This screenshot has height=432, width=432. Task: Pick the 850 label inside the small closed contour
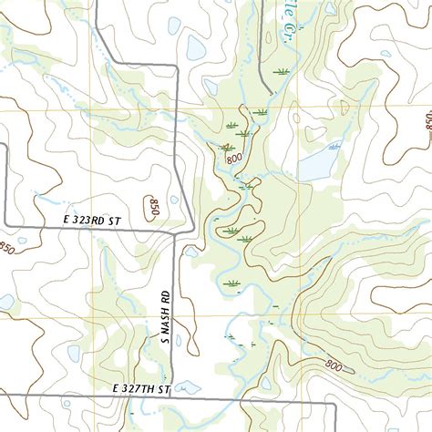click(152, 207)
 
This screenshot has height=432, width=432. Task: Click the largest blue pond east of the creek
click(317, 164)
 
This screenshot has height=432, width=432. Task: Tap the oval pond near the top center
click(195, 47)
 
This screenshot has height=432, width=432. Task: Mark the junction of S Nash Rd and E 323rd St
click(176, 229)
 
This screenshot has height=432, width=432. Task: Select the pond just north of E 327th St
click(189, 387)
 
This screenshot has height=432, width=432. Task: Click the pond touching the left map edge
click(5, 301)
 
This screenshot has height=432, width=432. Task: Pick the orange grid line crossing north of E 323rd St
click(91, 112)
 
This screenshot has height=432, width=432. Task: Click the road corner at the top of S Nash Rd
click(176, 67)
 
